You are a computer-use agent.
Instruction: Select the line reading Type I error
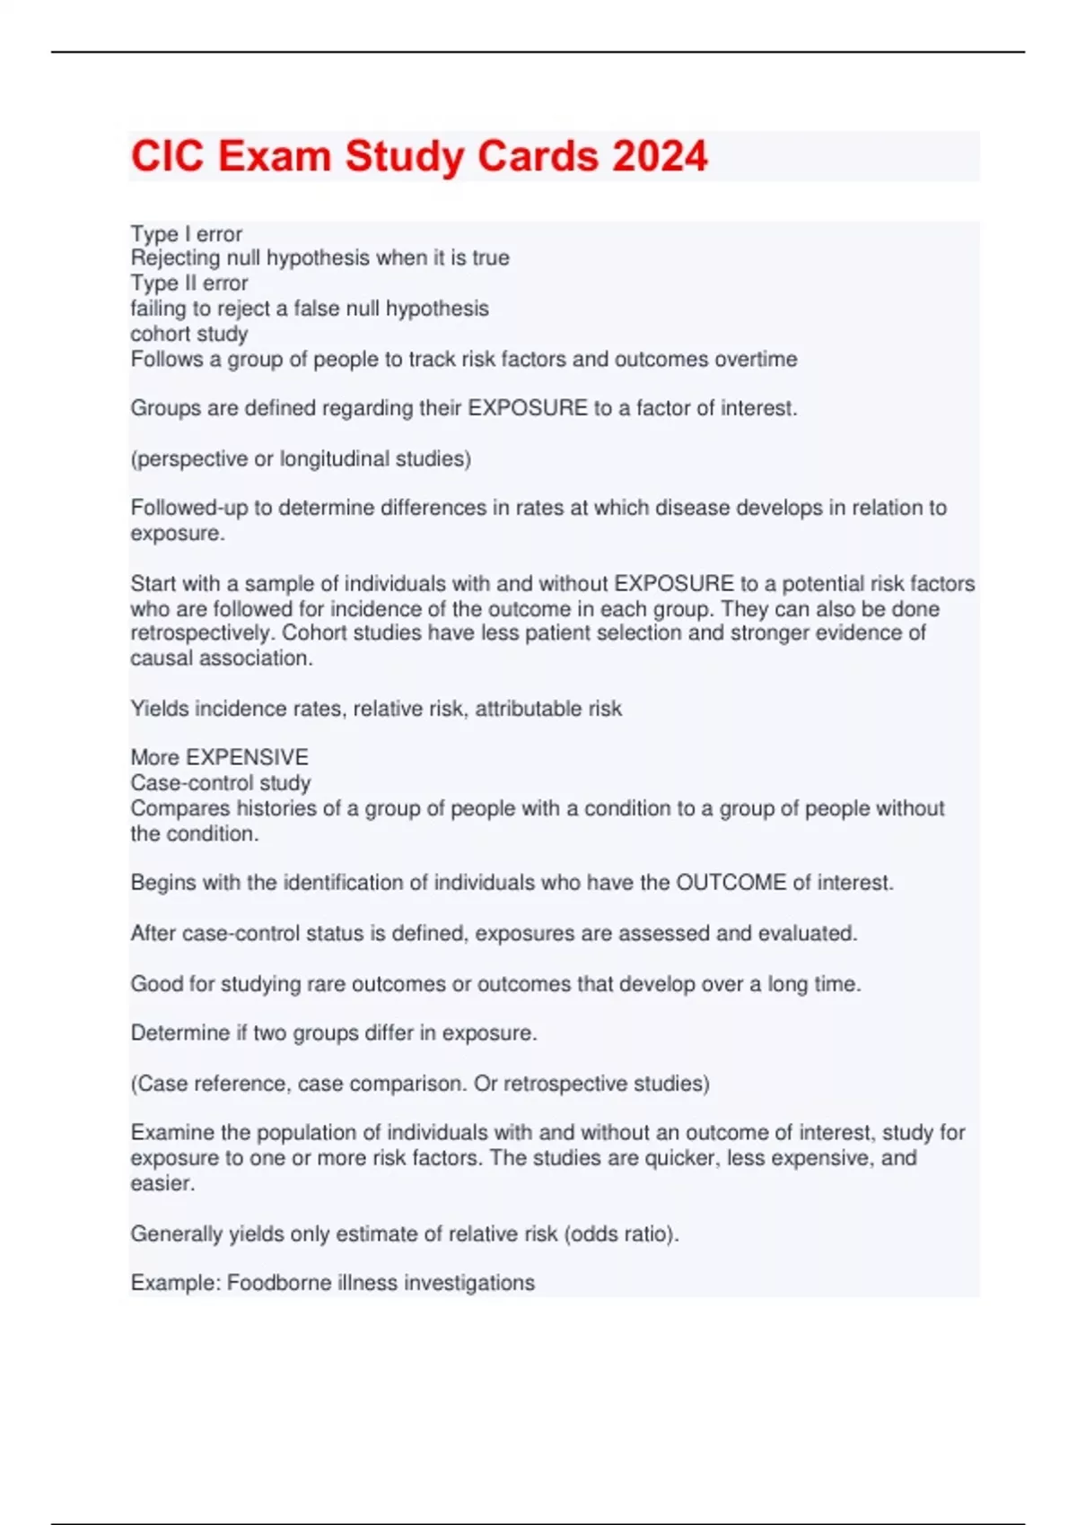point(187,234)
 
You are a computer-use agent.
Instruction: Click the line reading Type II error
point(189,283)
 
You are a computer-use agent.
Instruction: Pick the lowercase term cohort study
point(189,335)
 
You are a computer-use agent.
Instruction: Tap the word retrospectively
point(202,633)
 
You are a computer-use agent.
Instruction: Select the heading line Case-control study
point(221,783)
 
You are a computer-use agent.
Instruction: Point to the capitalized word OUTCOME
point(731,883)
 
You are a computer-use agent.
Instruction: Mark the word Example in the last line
point(174,1283)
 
